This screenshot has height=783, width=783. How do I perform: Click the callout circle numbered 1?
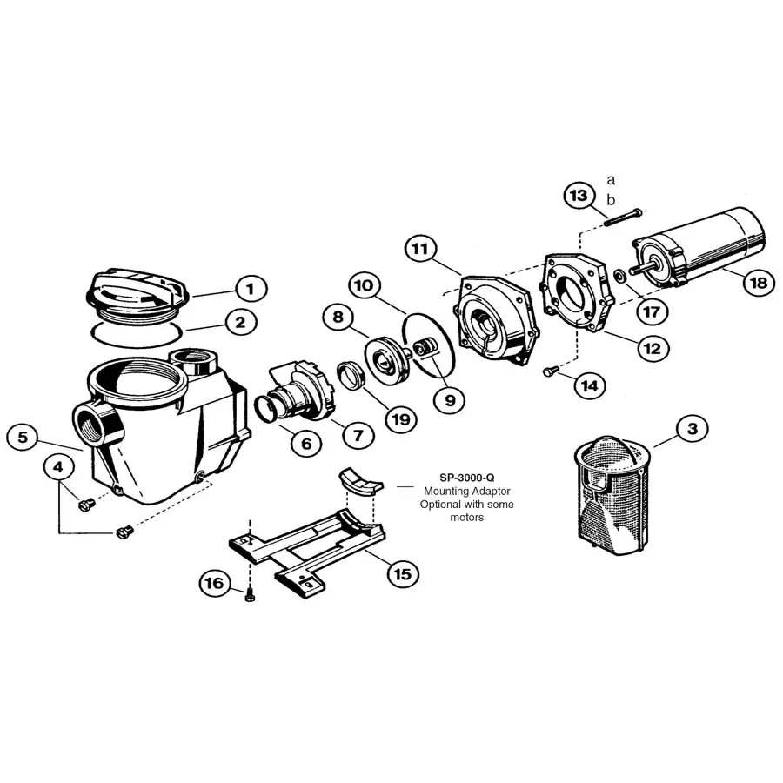pos(250,287)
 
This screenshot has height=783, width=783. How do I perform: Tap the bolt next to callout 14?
pos(549,371)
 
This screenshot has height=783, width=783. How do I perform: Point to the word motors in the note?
pos(467,518)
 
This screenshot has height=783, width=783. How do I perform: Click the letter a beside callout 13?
pos(611,180)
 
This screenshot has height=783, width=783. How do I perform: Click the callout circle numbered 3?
pos(692,428)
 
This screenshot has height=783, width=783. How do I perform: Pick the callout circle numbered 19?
pos(399,418)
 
